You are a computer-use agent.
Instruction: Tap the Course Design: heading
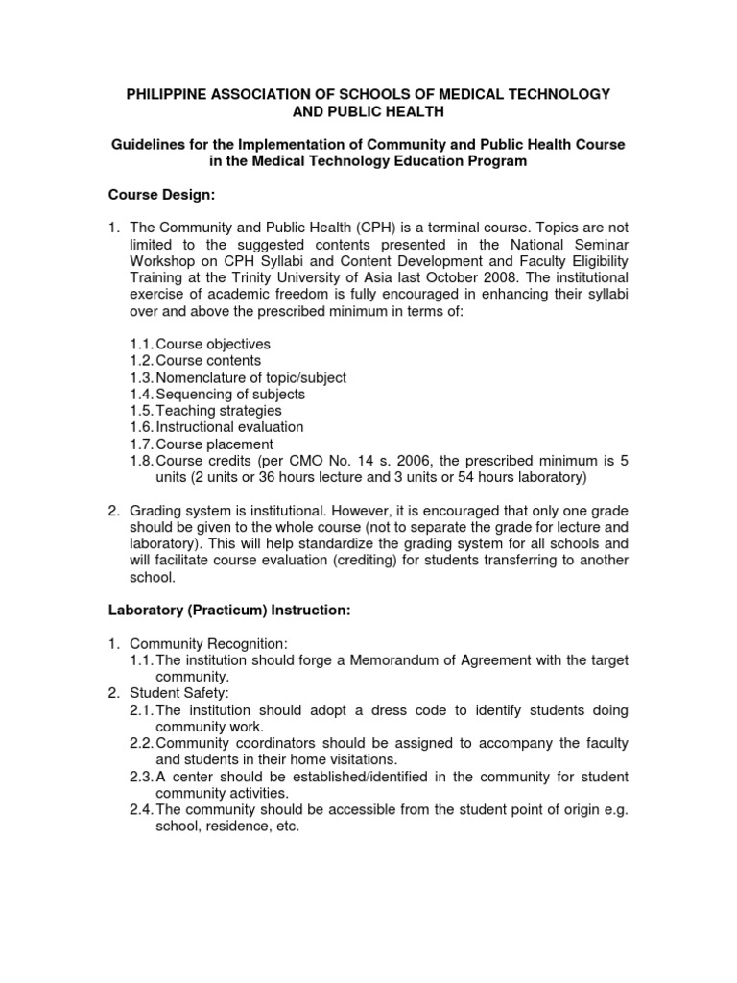(160, 196)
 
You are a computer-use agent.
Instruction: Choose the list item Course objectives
(213, 344)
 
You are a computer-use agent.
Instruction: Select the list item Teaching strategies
(219, 411)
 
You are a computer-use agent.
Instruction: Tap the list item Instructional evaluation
(229, 427)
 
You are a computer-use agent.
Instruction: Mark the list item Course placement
(214, 444)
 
